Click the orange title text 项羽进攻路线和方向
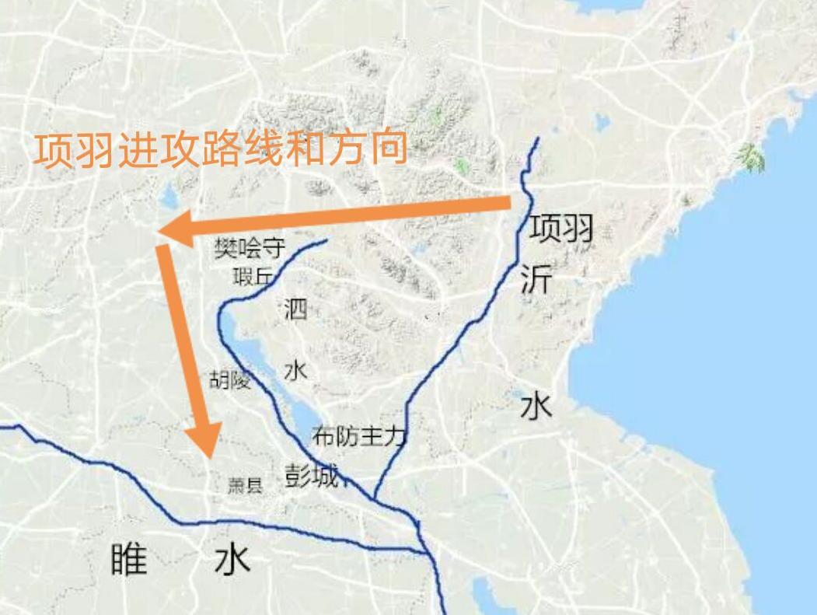coord(221,149)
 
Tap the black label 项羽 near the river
coord(562,228)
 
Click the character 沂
coord(536,278)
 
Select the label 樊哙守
coord(250,249)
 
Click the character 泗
coord(296,309)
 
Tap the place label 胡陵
coord(231,379)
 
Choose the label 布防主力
coord(358,435)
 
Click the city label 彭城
coord(312,476)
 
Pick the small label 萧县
coord(245,486)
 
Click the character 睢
coord(128,557)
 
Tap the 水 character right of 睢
coord(232,557)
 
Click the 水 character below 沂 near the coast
coord(536,406)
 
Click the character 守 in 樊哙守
coord(274,249)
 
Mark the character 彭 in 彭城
coord(298,476)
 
